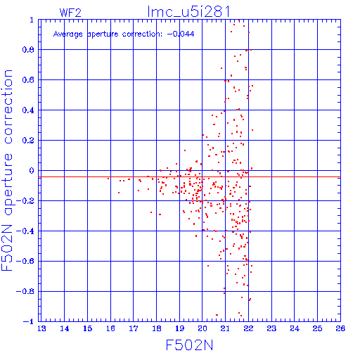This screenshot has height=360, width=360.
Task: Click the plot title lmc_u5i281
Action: pos(188,12)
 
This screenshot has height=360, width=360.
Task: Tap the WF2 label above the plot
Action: pos(70,13)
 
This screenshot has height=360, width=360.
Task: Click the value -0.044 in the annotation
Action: pos(181,34)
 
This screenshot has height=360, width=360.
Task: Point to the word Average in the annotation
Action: pos(68,34)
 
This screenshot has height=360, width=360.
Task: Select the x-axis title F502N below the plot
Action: pos(189,345)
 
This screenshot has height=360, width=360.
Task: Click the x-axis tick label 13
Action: pos(41,328)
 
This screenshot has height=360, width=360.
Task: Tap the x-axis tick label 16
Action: pos(110,328)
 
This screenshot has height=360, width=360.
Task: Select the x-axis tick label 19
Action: pos(180,328)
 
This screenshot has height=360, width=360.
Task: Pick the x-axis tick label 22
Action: pos(249,328)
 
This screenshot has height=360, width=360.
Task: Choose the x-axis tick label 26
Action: pos(340,328)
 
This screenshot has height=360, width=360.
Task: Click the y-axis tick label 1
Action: pos(32,20)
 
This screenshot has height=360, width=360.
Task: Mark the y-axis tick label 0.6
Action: pos(28,80)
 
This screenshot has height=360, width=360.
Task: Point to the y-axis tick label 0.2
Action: pos(28,141)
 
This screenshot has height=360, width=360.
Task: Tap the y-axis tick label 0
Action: pos(32,171)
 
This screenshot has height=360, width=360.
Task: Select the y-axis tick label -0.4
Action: pos(25,231)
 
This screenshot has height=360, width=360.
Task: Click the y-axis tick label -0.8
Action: pos(25,292)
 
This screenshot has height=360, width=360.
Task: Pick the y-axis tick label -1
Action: pos(28,321)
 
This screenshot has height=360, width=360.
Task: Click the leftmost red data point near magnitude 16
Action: pos(108,179)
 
